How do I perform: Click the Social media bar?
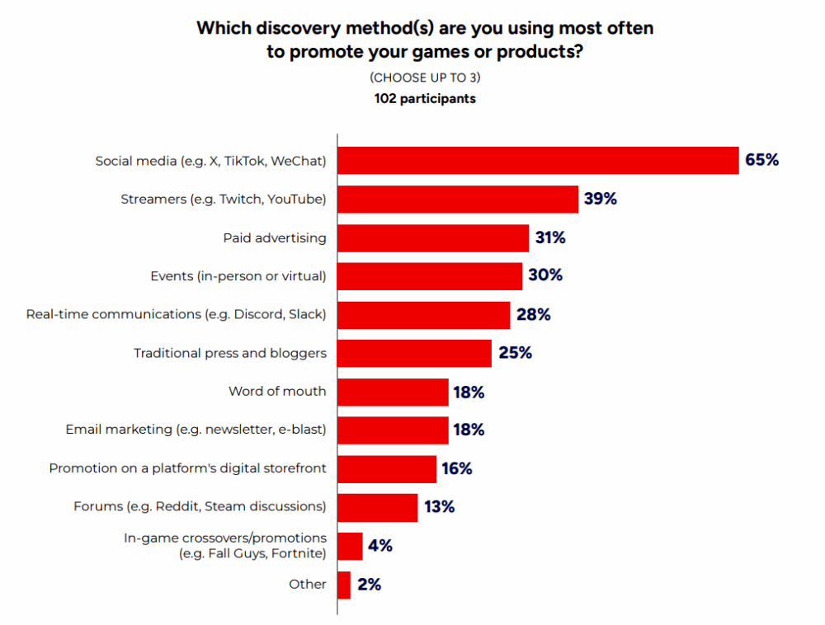538,160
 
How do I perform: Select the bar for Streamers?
458,199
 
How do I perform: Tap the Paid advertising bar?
433,237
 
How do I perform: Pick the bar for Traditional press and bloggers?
415,353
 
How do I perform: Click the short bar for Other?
344,585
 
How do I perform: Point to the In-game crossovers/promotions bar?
350,546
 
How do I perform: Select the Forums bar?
378,507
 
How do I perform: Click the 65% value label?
761,160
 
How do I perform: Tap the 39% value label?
601,199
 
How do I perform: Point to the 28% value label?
533,314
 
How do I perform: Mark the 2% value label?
369,585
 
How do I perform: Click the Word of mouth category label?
277,392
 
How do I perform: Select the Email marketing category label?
196,430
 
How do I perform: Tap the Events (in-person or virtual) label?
238,276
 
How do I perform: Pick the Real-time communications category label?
176,314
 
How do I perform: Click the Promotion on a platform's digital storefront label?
187,468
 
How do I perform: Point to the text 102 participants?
425,99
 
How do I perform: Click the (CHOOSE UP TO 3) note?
425,78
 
